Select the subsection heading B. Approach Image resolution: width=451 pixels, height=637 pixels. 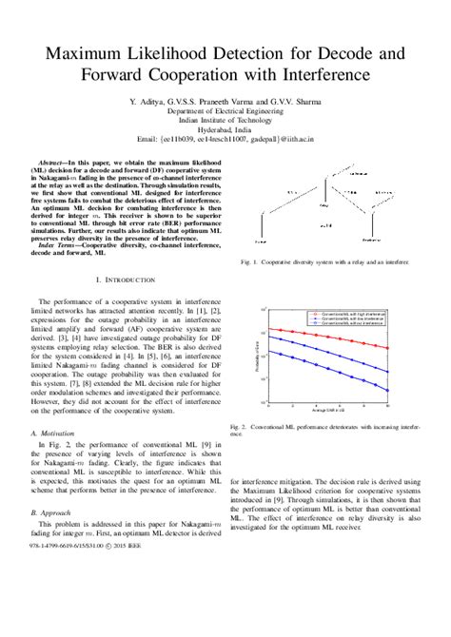pos(52,511)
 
